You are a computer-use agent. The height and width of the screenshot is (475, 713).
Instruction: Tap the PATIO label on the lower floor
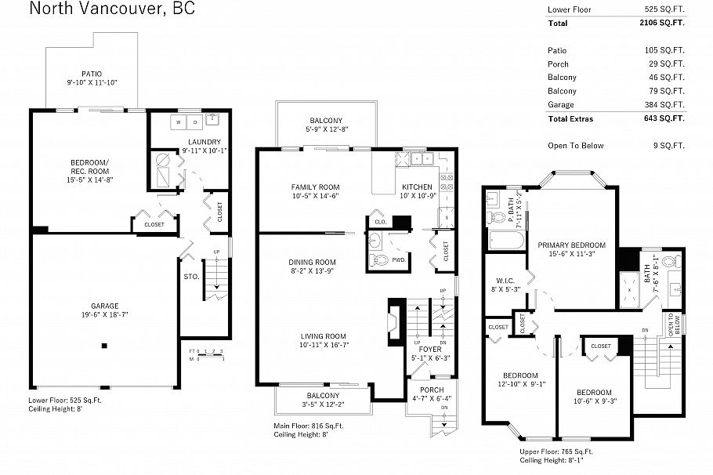[x=92, y=74]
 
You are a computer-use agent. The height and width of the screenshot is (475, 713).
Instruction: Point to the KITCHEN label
[x=417, y=187]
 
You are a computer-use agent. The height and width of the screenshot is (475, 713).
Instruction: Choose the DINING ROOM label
[x=313, y=262]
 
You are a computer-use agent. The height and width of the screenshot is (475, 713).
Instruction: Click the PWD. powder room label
[x=398, y=259]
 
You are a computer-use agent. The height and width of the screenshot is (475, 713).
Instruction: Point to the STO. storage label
[x=191, y=276]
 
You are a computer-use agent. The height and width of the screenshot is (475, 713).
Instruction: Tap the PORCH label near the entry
[x=432, y=390]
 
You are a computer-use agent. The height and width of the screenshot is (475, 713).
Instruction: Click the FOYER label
[x=429, y=349]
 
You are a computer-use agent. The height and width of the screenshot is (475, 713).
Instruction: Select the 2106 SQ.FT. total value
[x=661, y=24]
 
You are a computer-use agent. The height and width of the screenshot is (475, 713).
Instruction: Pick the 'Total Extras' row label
[x=570, y=119]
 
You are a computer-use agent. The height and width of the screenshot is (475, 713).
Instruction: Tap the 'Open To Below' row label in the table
[x=573, y=146]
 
